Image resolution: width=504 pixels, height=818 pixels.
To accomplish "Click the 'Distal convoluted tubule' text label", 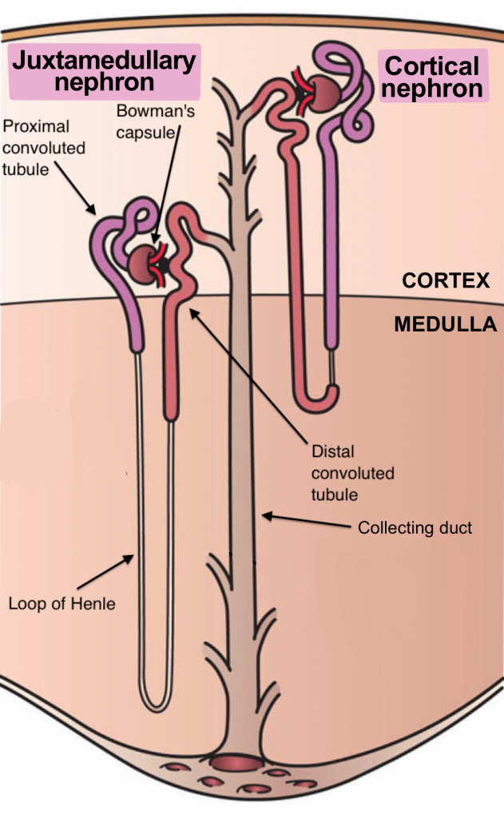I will (352, 473).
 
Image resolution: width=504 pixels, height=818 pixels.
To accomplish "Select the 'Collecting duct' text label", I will (415, 528).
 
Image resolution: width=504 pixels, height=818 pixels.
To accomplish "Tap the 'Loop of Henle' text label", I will (62, 603).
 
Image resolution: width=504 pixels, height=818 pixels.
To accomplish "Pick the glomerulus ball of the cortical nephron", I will (322, 93).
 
